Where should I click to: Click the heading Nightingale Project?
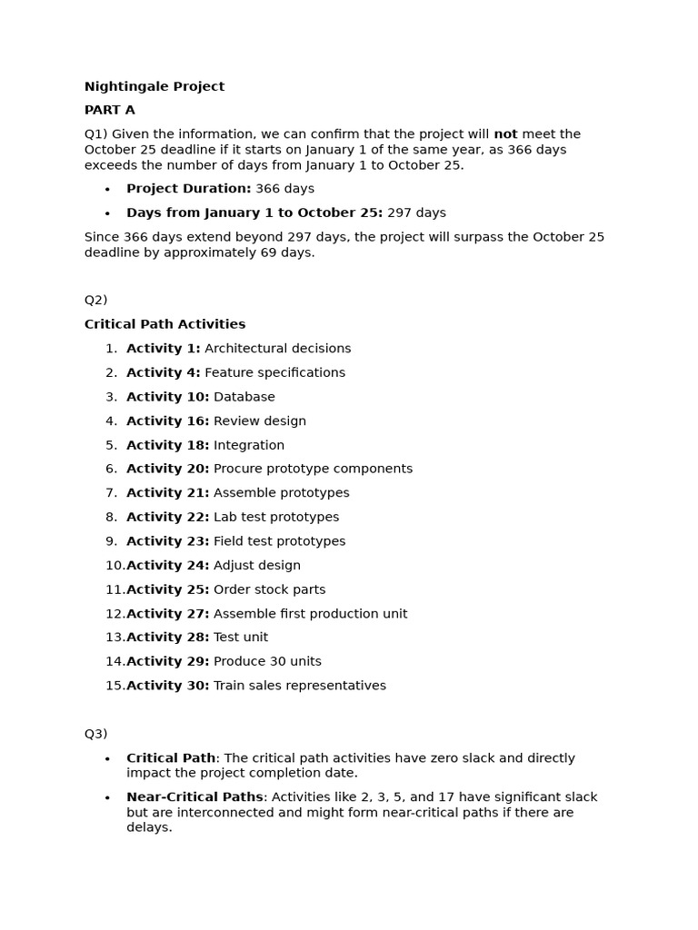click(x=154, y=86)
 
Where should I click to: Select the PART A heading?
click(x=109, y=110)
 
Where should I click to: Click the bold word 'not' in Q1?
click(x=505, y=134)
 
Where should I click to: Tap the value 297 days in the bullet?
click(x=416, y=213)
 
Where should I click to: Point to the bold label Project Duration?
click(x=188, y=189)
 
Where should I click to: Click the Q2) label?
click(x=95, y=300)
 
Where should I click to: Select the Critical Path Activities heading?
click(x=165, y=324)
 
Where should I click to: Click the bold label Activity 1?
click(x=163, y=349)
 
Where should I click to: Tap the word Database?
click(x=244, y=397)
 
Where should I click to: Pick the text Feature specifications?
click(x=274, y=372)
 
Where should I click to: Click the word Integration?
click(x=248, y=445)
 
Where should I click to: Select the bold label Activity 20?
click(x=167, y=469)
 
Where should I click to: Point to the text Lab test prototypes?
click(x=275, y=517)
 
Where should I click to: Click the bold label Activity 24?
click(x=167, y=565)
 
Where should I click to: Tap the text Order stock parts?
click(x=269, y=589)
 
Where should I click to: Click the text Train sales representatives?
click(x=299, y=686)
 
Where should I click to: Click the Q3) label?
click(x=95, y=734)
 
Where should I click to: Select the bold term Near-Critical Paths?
click(x=194, y=797)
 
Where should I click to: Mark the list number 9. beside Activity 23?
click(x=111, y=541)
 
